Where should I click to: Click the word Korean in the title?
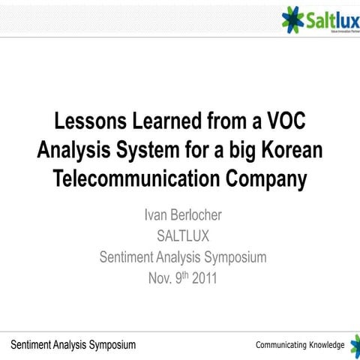(290, 150)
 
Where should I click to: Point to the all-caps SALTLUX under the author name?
(183, 236)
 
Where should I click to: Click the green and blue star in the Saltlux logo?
(293, 18)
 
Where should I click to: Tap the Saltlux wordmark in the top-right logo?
(329, 19)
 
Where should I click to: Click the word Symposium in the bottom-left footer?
(106, 345)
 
